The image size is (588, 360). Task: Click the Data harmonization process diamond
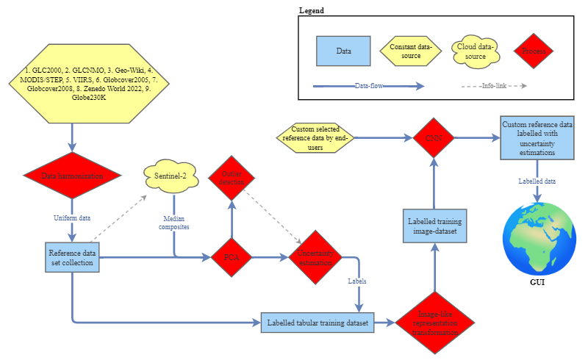[72, 177]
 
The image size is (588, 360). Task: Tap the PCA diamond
[232, 258]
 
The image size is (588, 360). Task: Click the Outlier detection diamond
[232, 177]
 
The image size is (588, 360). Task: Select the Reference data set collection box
[72, 258]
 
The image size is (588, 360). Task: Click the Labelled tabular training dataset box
[318, 321]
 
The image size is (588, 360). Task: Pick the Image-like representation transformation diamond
[434, 321]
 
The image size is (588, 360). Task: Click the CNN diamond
[434, 137]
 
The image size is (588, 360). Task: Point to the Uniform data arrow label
[72, 218]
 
